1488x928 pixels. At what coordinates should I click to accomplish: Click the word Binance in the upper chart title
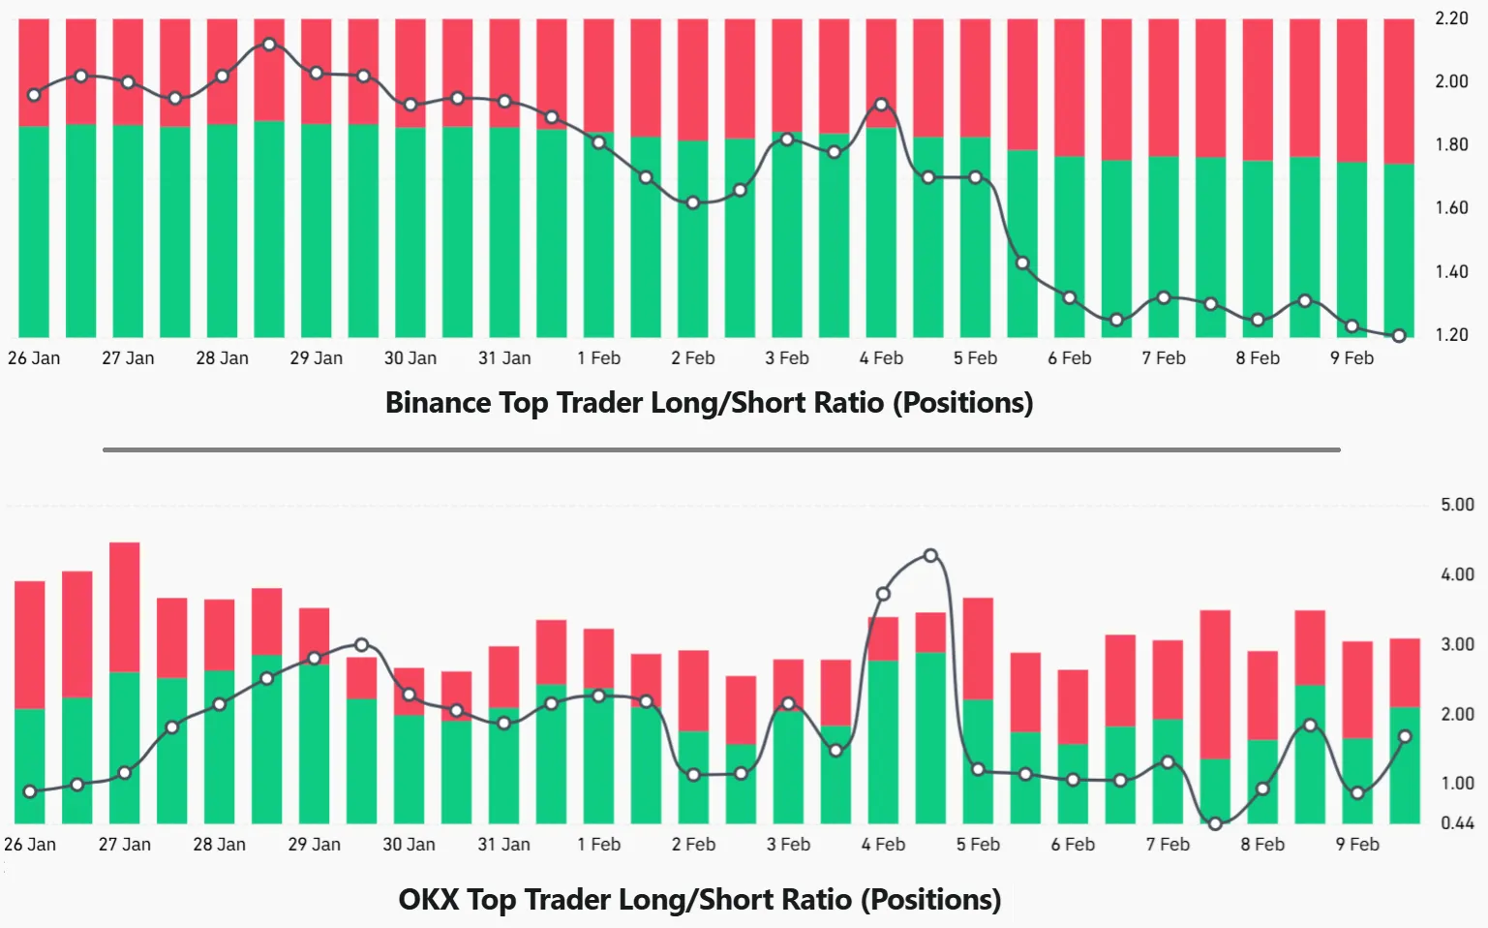click(438, 402)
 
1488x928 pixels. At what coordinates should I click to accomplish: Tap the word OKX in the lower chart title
click(428, 899)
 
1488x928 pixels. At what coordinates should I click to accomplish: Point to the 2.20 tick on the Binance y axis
click(1451, 18)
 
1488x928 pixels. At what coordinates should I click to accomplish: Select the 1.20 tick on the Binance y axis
click(1451, 335)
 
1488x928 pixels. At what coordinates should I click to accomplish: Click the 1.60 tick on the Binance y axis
click(1451, 208)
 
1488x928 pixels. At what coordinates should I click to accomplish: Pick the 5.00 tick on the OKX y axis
click(1457, 505)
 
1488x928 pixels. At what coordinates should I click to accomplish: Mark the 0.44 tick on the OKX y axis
click(1457, 823)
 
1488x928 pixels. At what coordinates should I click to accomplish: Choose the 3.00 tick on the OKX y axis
click(1457, 644)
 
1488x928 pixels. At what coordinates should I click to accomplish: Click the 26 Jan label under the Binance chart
click(34, 358)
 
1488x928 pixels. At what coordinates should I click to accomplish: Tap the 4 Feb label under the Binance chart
click(881, 358)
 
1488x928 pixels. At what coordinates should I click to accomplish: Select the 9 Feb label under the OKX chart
click(1357, 845)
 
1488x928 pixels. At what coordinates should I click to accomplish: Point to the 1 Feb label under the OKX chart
click(599, 845)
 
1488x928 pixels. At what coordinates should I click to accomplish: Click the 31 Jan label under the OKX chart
click(503, 845)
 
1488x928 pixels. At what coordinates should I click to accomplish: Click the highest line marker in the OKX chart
click(930, 556)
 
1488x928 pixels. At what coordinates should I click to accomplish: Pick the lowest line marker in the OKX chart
click(1215, 824)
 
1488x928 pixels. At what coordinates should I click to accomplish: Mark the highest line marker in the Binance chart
click(269, 45)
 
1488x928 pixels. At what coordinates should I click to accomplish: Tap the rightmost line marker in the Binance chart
click(1399, 336)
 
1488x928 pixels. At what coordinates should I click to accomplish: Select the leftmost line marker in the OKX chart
click(30, 791)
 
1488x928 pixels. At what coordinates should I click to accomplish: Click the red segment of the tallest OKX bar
click(125, 606)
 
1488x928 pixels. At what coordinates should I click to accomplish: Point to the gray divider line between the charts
click(721, 449)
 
